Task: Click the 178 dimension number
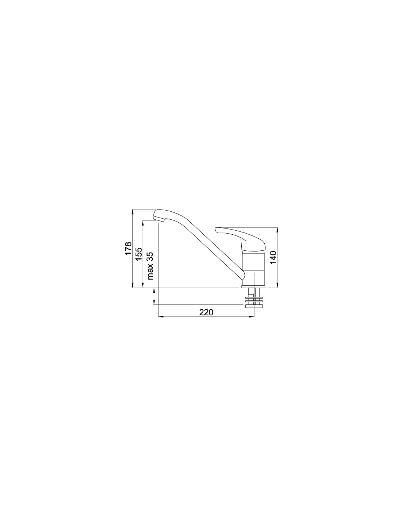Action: [128, 249]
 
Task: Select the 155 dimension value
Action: [139, 254]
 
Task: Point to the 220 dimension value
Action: [206, 312]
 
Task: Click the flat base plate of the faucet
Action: [253, 287]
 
